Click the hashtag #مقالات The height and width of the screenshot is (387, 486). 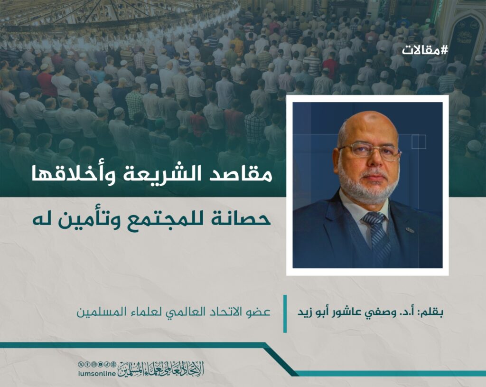[x=425, y=50]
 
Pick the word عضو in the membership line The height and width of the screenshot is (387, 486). [x=262, y=312]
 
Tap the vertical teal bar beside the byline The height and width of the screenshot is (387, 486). [x=285, y=313]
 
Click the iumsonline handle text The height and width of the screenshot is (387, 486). [x=97, y=374]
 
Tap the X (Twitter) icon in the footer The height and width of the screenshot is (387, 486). [x=81, y=364]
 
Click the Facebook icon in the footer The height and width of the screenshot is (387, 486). [x=87, y=364]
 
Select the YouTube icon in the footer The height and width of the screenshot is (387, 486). [x=101, y=364]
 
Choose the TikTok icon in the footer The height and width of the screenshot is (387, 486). [x=107, y=364]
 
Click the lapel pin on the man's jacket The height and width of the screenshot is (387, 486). [x=410, y=230]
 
